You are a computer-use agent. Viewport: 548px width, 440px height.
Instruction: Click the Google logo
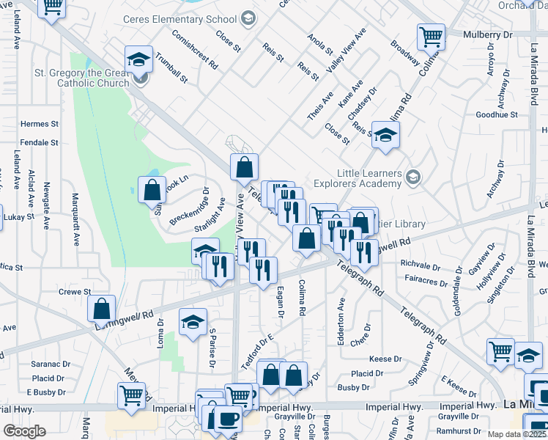pyautogui.click(x=26, y=430)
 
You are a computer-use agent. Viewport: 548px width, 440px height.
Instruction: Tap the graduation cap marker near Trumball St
pyautogui.click(x=138, y=60)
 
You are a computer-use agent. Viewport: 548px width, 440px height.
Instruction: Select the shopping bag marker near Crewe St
pyautogui.click(x=102, y=308)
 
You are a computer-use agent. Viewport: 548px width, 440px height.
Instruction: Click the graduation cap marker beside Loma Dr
pyautogui.click(x=193, y=323)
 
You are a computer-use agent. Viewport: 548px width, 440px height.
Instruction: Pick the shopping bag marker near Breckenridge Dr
pyautogui.click(x=151, y=189)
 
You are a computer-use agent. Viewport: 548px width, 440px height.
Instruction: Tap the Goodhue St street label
pyautogui.click(x=496, y=115)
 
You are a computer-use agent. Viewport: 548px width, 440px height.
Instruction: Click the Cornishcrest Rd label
pyautogui.click(x=195, y=49)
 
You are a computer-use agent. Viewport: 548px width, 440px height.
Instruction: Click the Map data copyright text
pyautogui.click(x=517, y=434)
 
